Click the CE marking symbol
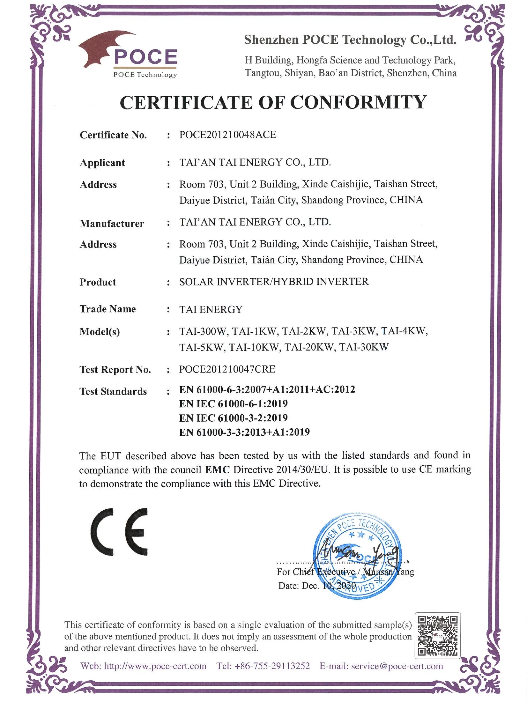[119, 532]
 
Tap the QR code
[437, 635]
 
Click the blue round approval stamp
[358, 556]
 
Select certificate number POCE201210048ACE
[227, 135]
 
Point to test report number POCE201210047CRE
[227, 369]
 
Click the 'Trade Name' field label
[108, 309]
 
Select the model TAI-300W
[202, 331]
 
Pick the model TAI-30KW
[364, 347]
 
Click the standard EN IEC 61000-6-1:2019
[233, 404]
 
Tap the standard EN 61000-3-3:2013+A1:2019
[244, 432]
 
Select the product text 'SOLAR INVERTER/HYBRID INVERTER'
[274, 282]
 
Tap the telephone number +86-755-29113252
[272, 666]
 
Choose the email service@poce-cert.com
[397, 666]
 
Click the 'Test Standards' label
[113, 391]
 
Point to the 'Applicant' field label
[102, 163]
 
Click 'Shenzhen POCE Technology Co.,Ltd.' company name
[350, 40]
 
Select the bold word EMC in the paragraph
[217, 469]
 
